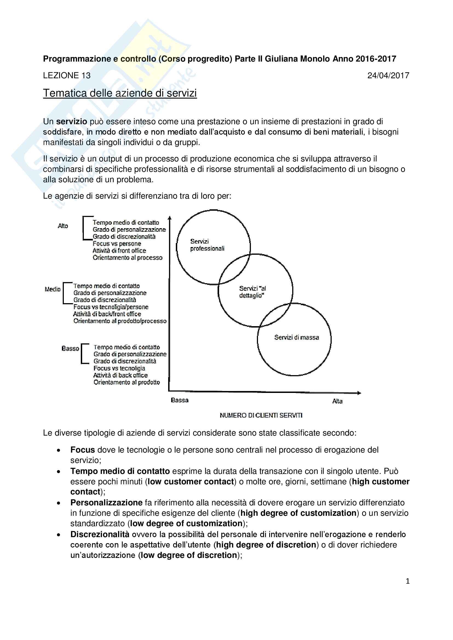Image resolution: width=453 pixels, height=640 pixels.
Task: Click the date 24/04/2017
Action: [x=388, y=76]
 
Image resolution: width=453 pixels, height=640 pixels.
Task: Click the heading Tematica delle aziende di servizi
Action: [x=120, y=93]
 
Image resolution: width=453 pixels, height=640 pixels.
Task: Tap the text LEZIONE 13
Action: [x=67, y=76]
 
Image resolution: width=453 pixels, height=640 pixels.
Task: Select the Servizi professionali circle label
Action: [x=207, y=245]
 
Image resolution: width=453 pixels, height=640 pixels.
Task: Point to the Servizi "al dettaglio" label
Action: [x=252, y=292]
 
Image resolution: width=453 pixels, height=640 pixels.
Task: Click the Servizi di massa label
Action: [x=296, y=337]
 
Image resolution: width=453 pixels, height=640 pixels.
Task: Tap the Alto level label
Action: [x=63, y=226]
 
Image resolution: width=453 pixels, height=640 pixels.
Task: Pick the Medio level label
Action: [x=52, y=289]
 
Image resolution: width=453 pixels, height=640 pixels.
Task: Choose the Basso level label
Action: [x=70, y=348]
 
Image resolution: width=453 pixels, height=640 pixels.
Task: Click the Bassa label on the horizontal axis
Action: [x=180, y=400]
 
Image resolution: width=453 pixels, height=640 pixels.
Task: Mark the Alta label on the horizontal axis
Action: [x=337, y=401]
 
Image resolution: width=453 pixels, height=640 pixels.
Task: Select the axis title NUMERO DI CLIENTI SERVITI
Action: [x=261, y=415]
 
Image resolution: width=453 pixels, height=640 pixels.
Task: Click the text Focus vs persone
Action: [x=117, y=244]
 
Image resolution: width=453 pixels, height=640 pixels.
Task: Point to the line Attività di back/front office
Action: [x=107, y=314]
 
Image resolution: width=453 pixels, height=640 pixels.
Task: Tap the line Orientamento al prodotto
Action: [x=127, y=382]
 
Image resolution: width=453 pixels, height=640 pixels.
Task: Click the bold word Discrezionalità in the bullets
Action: [x=100, y=534]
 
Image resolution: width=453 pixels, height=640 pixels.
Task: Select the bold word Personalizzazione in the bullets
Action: [x=106, y=503]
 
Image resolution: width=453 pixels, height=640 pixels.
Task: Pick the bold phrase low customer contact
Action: [x=191, y=481]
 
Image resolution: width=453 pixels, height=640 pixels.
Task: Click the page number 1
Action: [x=408, y=581]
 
